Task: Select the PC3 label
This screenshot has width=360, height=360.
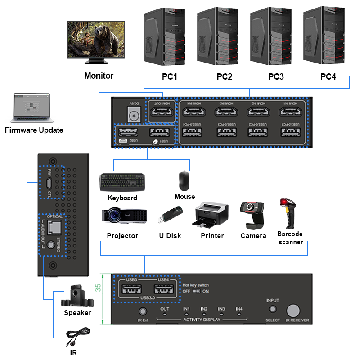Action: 276,76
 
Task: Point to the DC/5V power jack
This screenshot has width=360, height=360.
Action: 133,116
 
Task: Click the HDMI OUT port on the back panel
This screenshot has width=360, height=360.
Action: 161,111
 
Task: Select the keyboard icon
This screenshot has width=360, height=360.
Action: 122,181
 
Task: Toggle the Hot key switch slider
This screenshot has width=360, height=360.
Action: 196,291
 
